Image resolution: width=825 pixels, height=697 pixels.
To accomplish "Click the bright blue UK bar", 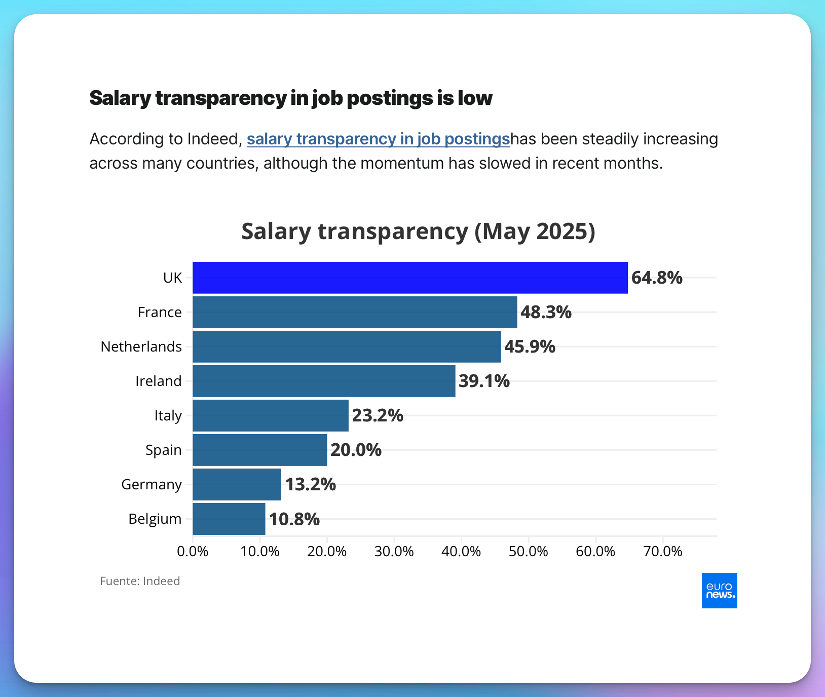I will (409, 278).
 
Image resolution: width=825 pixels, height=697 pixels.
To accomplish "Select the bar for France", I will (355, 312).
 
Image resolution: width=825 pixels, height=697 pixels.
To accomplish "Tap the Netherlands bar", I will (347, 346).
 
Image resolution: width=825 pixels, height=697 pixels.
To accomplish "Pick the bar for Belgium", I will (229, 519).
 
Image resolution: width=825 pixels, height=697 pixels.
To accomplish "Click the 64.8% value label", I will (657, 278).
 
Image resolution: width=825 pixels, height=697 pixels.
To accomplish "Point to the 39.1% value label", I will (484, 381).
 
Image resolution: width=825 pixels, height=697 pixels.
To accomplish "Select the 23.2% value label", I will (378, 415).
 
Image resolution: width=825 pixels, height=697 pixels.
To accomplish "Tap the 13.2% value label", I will (310, 484).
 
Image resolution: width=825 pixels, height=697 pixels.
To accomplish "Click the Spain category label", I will (163, 450).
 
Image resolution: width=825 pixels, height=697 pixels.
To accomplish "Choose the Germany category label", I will (151, 484).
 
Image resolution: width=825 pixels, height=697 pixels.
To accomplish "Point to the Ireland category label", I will (158, 381).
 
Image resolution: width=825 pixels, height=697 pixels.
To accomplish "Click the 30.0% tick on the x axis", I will (394, 551).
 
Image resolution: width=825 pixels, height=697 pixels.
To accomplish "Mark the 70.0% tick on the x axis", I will (662, 551).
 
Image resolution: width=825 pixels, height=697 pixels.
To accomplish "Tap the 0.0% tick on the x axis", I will (193, 551).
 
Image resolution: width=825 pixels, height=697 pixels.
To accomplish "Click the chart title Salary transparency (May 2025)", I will (418, 231).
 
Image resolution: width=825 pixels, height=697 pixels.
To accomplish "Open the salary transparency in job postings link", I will (378, 139).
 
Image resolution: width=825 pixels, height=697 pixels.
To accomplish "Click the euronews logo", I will (719, 591).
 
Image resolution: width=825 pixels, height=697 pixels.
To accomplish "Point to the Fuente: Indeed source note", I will (140, 581).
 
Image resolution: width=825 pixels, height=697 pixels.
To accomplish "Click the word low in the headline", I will (475, 98).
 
